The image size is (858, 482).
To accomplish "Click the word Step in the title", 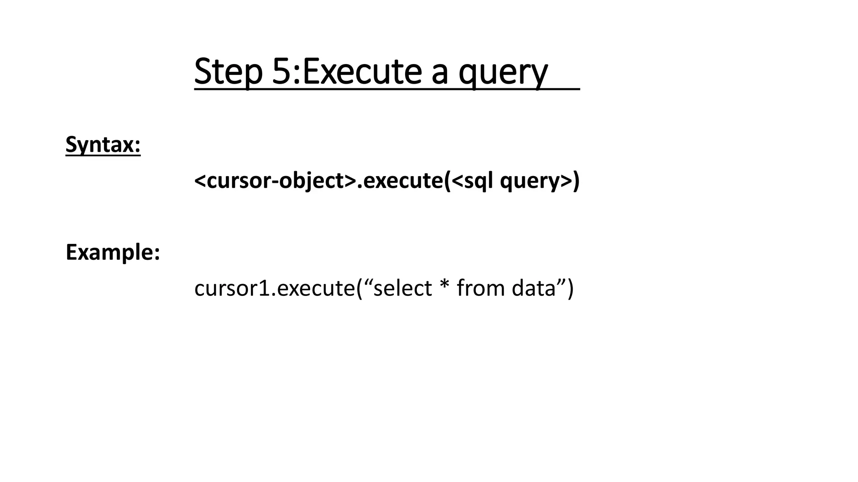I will (x=228, y=72).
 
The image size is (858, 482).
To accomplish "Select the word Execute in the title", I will (x=362, y=72).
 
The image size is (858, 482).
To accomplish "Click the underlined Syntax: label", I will (x=103, y=145).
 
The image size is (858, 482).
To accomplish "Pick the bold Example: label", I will (x=113, y=252).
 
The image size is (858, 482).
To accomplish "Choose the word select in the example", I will (x=402, y=288).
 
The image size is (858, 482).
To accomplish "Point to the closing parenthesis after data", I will (x=570, y=288).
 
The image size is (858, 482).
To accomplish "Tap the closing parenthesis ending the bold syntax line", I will (x=576, y=181).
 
